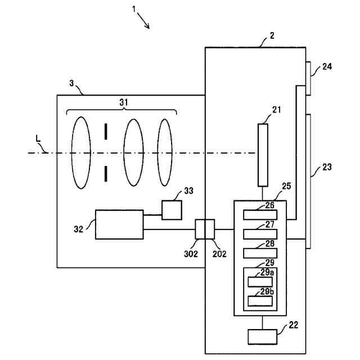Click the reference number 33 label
click(x=189, y=191)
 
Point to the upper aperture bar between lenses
click(x=106, y=132)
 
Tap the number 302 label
click(x=191, y=254)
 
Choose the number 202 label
click(x=219, y=254)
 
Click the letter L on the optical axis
click(x=38, y=139)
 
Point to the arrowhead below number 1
click(x=148, y=26)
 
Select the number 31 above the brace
click(x=124, y=102)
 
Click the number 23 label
click(x=327, y=167)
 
